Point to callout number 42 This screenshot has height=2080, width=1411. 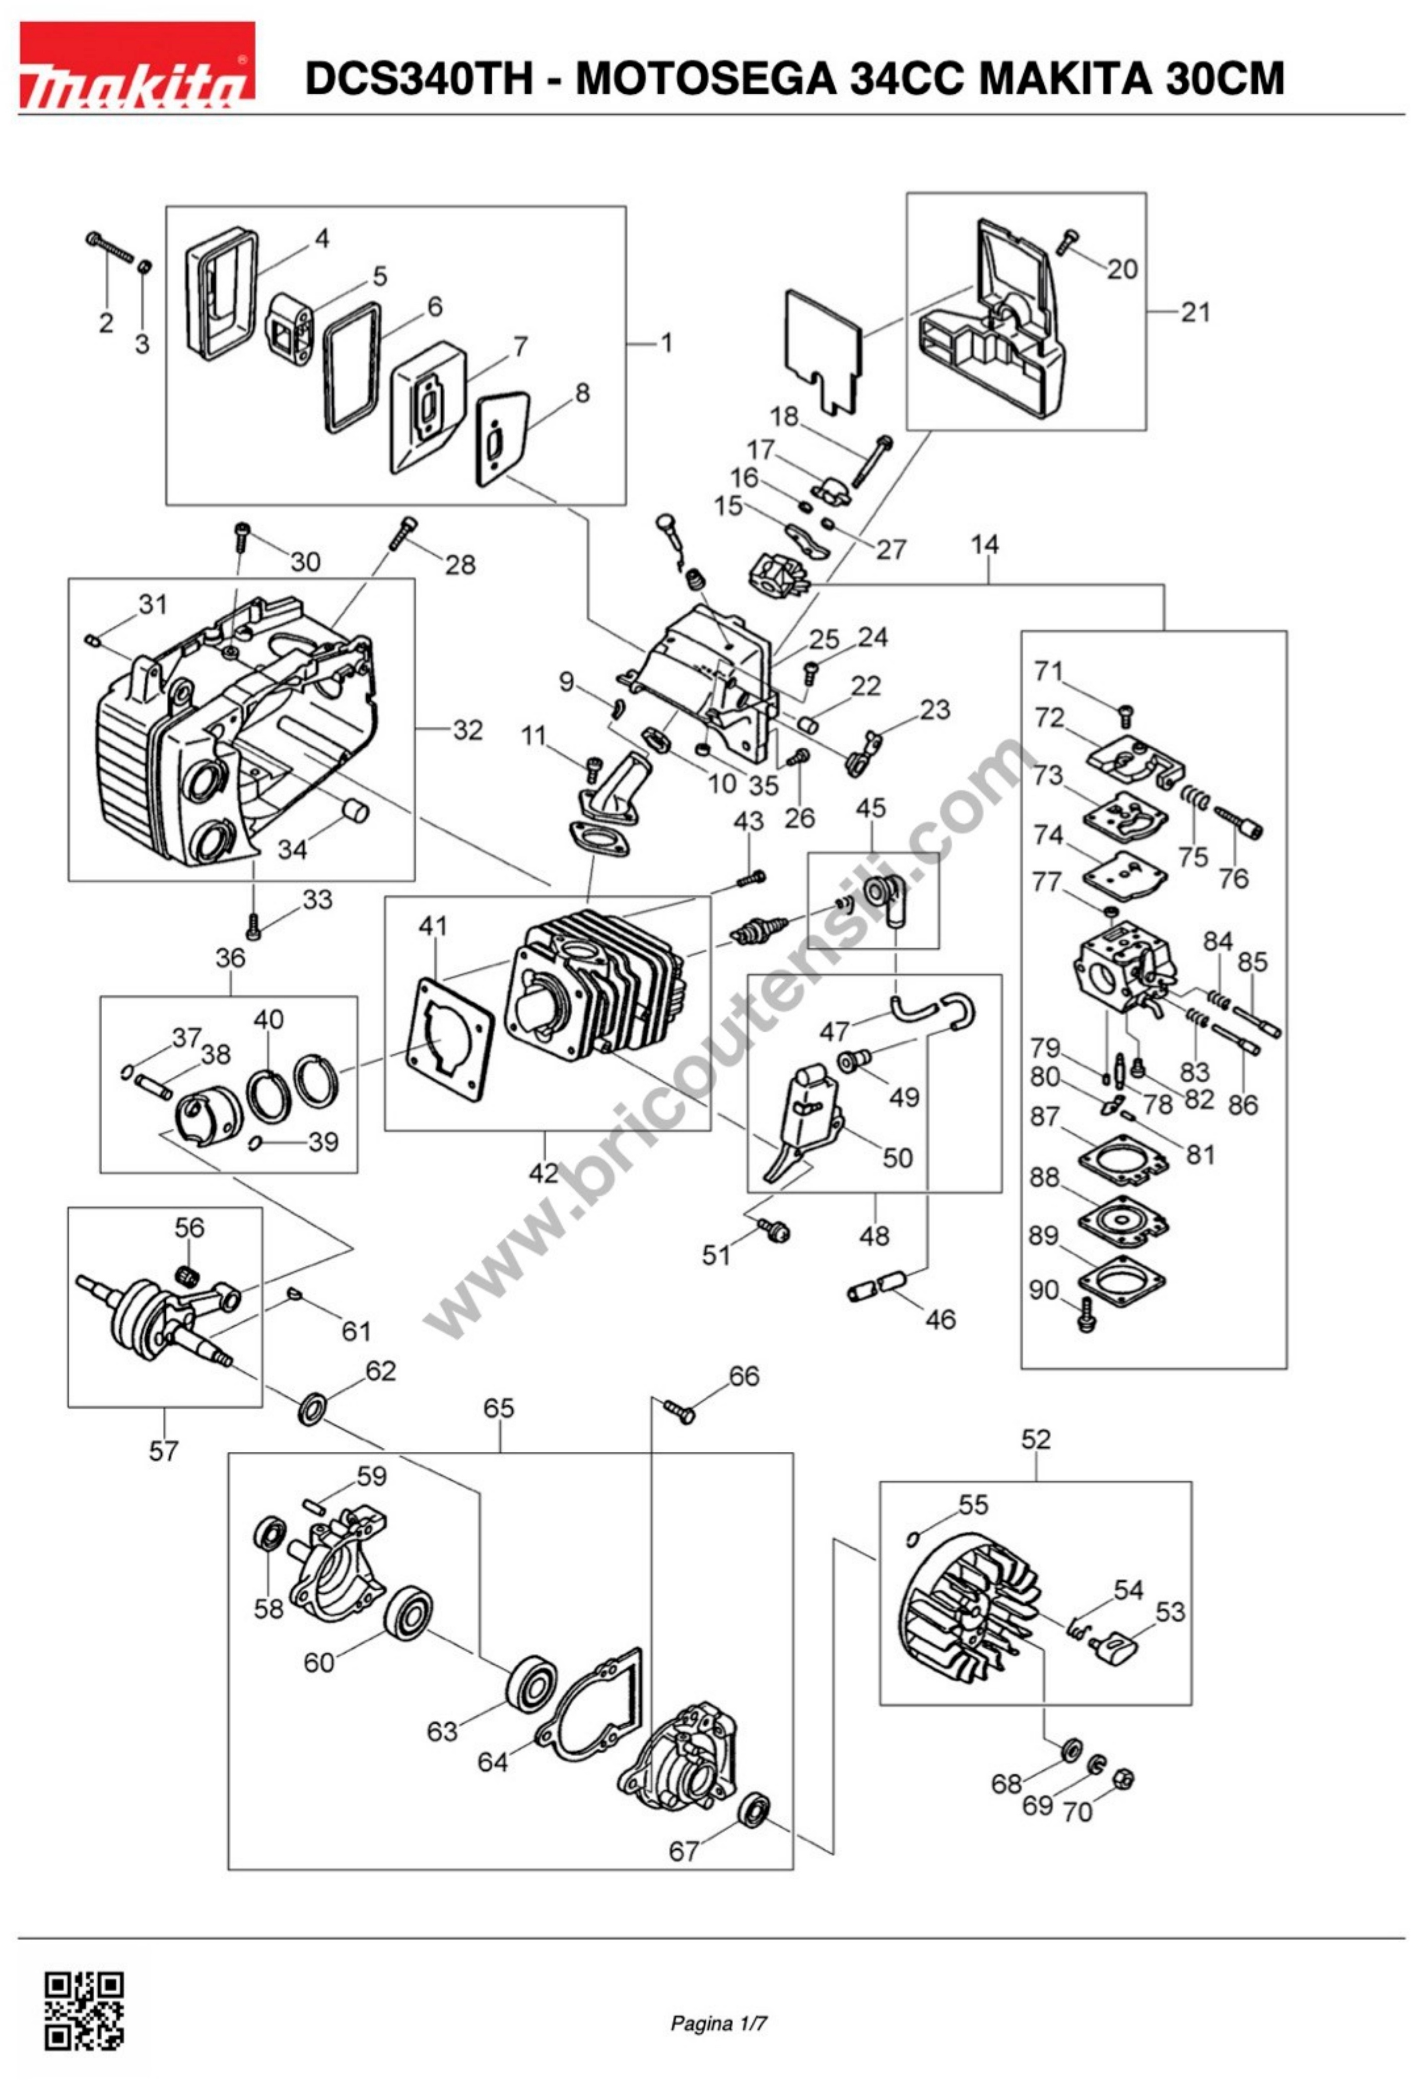click(x=543, y=1172)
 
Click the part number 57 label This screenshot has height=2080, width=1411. click(x=164, y=1450)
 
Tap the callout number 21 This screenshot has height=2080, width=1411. click(x=1195, y=313)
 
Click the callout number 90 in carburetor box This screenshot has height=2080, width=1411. click(x=1043, y=1290)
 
